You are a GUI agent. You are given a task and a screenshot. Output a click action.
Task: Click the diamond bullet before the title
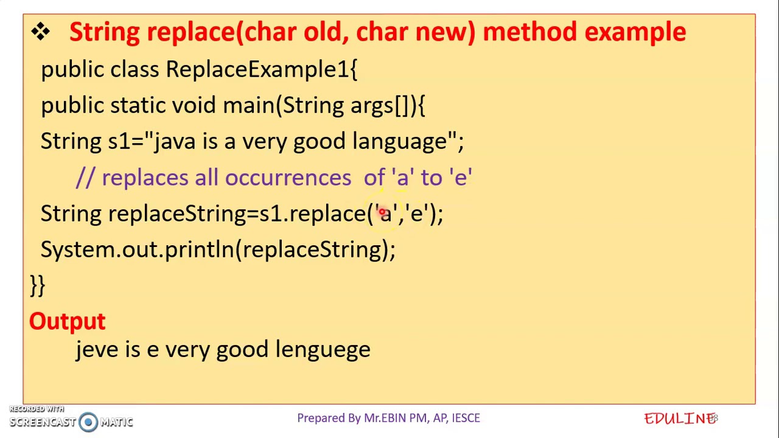point(41,32)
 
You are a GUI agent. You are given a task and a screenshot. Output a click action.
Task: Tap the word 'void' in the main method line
point(194,105)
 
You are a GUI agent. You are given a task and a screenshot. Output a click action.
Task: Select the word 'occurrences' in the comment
point(288,178)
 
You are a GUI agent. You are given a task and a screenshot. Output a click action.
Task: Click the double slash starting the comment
point(86,178)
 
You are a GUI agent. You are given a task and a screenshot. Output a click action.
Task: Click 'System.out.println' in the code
point(138,249)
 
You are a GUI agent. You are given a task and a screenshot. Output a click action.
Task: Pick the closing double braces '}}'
point(37,285)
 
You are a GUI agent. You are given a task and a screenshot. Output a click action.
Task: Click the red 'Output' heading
point(68,321)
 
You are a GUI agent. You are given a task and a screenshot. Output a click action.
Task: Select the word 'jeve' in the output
point(97,350)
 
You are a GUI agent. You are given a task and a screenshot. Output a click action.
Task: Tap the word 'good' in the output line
point(242,350)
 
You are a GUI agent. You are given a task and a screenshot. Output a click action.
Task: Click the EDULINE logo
point(680,419)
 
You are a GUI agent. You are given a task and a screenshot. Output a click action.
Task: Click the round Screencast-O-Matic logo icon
point(88,422)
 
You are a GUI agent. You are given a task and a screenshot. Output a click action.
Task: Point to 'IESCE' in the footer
point(466,418)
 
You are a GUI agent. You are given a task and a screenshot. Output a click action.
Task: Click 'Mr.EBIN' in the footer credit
point(385,418)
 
